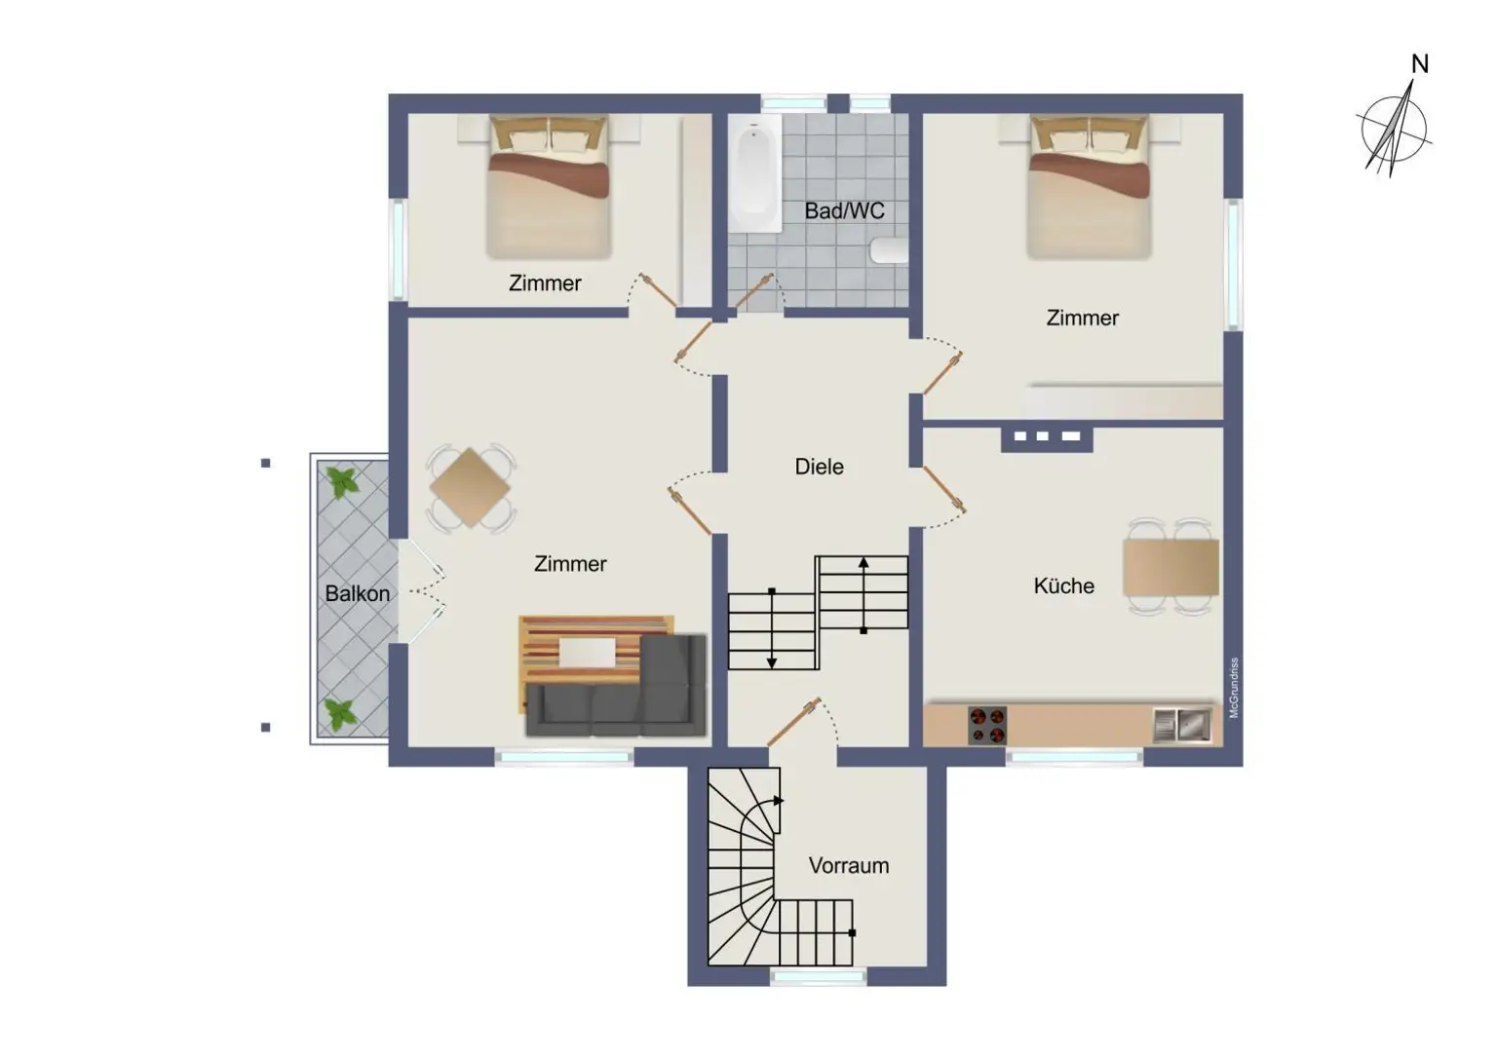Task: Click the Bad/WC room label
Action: click(x=844, y=211)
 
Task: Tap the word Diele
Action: click(x=819, y=467)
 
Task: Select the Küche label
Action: click(x=1064, y=586)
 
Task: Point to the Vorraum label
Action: click(x=849, y=866)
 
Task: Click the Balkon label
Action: click(x=357, y=593)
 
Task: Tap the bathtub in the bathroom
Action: click(x=754, y=173)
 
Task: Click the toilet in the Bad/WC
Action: click(x=889, y=250)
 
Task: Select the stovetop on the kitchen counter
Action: click(x=987, y=726)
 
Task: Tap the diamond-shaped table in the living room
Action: click(x=471, y=487)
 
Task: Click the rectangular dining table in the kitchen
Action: click(x=1171, y=568)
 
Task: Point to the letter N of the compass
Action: click(x=1419, y=64)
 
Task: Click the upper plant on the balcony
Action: click(x=342, y=482)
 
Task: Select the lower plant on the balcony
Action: click(x=339, y=714)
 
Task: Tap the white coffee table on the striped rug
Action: click(x=587, y=653)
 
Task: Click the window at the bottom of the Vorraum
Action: click(x=819, y=977)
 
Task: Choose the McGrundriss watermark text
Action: click(x=1234, y=688)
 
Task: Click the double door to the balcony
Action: click(x=422, y=591)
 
